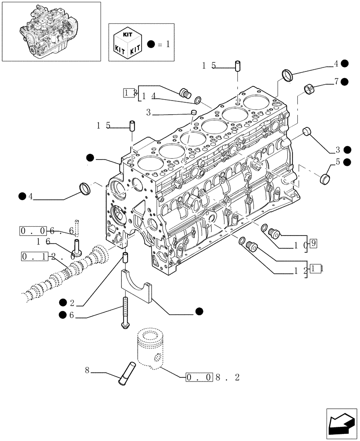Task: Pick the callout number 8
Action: point(87,371)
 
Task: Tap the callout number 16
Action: point(43,241)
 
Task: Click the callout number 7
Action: point(336,81)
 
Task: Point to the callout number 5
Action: point(337,162)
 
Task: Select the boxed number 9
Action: point(312,242)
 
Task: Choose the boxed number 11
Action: point(315,268)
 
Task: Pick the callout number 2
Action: point(72,303)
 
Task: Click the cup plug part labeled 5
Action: point(325,178)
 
